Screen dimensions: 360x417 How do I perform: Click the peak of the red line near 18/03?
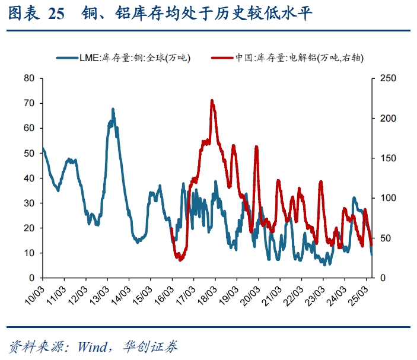(212, 101)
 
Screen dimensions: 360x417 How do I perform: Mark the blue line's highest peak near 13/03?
(113, 110)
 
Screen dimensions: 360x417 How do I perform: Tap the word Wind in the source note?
(91, 346)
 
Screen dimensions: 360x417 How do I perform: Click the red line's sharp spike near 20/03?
(256, 146)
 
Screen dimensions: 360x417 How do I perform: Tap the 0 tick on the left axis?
(31, 278)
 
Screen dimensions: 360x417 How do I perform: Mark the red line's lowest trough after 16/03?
(180, 259)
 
